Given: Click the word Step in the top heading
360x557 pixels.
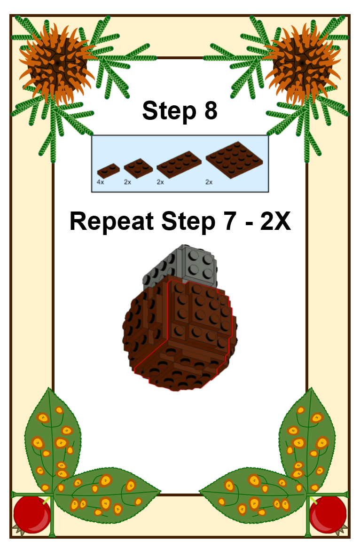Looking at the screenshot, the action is (x=169, y=111).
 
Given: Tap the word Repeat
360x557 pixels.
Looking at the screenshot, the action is (x=112, y=222).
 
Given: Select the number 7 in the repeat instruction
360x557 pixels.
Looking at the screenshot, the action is (x=229, y=221).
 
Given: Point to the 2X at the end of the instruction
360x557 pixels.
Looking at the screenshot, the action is (x=275, y=221).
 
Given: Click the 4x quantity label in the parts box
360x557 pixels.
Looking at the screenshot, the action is (x=101, y=182).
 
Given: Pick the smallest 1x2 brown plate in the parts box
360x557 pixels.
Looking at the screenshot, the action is (x=108, y=171).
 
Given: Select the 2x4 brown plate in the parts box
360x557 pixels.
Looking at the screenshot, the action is (x=179, y=164).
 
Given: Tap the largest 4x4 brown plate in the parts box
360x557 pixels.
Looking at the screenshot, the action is (x=235, y=160).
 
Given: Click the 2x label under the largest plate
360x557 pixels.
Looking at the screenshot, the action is (x=209, y=182).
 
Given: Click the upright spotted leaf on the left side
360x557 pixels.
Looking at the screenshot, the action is (x=53, y=440).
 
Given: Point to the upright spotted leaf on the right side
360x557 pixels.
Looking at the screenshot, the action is (x=307, y=440).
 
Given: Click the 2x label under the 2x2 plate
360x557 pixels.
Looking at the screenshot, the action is (x=127, y=182).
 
